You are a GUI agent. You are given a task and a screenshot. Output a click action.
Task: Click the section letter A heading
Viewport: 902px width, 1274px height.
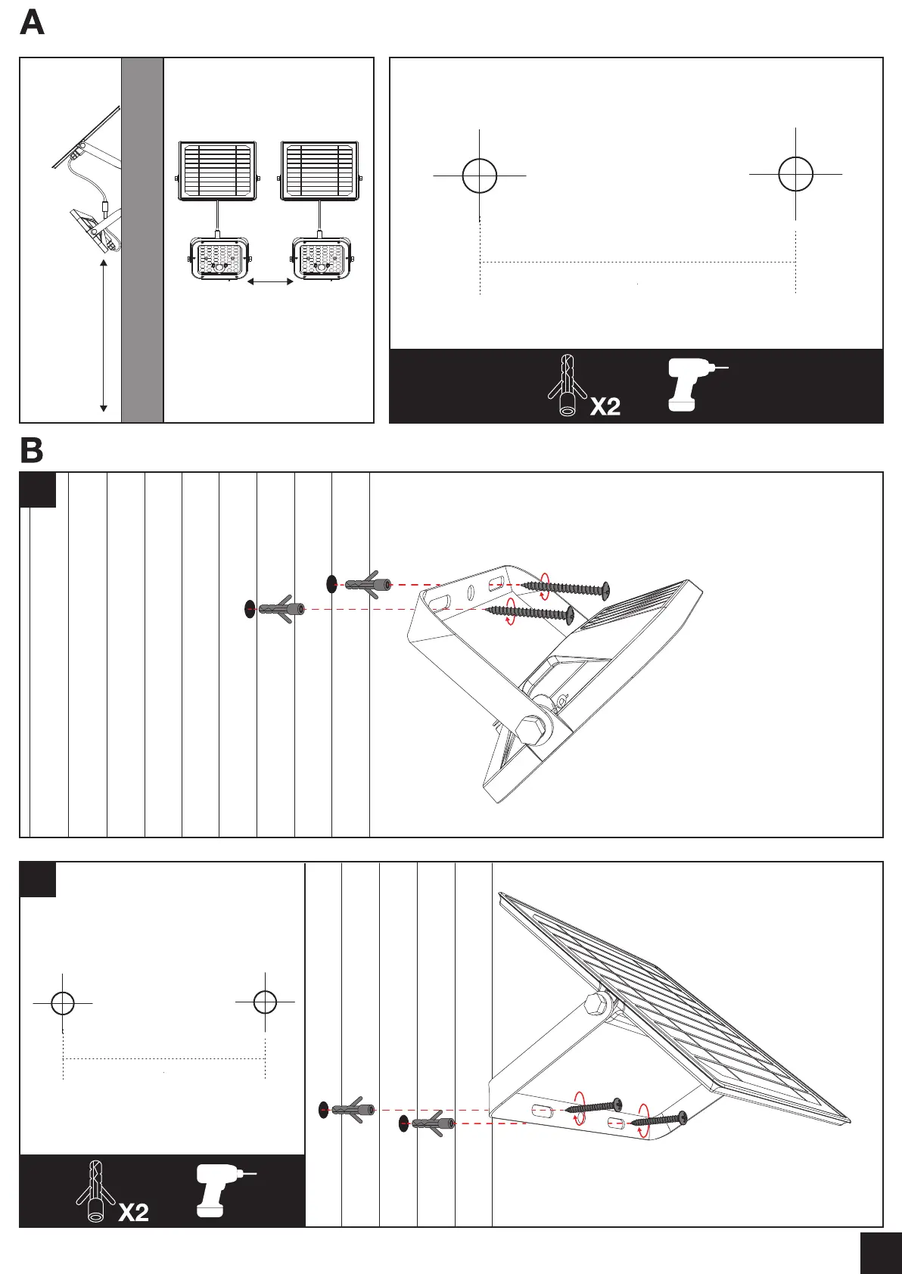33,23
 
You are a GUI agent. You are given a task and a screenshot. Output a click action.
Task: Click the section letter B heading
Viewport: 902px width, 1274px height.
32,451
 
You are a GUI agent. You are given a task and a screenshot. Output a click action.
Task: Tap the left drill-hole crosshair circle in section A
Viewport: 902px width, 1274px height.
480,176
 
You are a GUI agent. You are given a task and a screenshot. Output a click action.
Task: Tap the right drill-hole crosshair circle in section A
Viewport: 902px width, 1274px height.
796,174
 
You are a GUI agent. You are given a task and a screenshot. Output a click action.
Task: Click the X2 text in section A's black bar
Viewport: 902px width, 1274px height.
605,406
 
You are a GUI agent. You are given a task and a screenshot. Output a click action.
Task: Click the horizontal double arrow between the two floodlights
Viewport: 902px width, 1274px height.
271,282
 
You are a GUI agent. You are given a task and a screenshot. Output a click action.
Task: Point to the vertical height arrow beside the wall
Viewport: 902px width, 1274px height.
104,336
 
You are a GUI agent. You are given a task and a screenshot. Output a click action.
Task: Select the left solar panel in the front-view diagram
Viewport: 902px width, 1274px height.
217,172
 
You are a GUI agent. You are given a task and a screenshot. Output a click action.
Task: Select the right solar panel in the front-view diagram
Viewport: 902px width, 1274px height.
319,172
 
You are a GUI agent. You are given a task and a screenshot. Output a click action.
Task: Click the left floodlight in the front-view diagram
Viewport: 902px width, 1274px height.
219,259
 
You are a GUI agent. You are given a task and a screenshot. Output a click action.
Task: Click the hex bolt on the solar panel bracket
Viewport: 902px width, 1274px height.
596,1005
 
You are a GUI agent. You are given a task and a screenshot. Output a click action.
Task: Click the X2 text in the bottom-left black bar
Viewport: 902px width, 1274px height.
133,1213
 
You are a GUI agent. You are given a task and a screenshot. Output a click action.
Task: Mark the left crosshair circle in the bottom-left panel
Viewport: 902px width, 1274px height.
63,1003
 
